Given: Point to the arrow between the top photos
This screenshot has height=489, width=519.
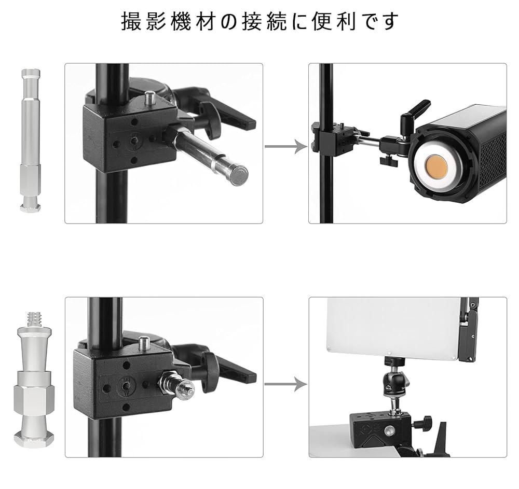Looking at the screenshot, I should [286, 147].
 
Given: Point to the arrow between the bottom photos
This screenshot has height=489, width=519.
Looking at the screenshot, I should [286, 384].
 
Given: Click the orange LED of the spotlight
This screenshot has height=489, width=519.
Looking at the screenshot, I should [438, 171].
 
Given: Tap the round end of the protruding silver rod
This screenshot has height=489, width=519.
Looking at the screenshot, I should [238, 175].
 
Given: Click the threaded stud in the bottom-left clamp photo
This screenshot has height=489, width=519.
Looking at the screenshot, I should [182, 385].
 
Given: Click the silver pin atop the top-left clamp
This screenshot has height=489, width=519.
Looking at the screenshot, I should [151, 96].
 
